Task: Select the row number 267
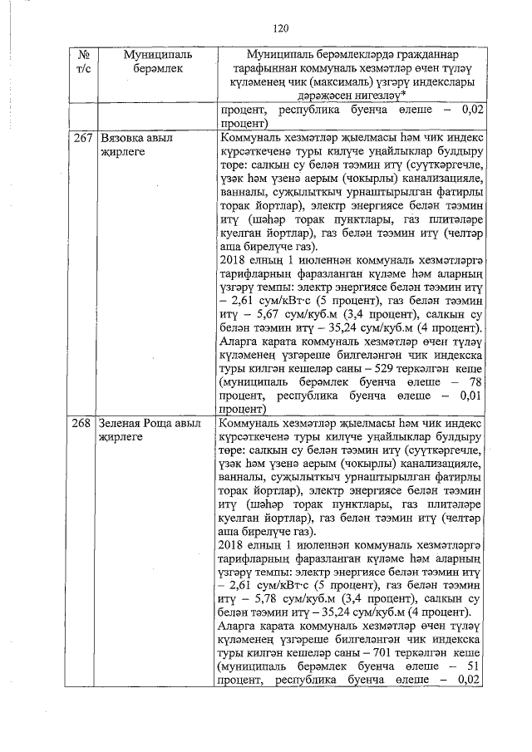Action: [x=81, y=139]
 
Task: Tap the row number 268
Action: [x=81, y=424]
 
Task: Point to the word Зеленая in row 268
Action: [x=125, y=424]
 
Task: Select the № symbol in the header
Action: [x=82, y=55]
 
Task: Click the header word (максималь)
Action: [x=354, y=84]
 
